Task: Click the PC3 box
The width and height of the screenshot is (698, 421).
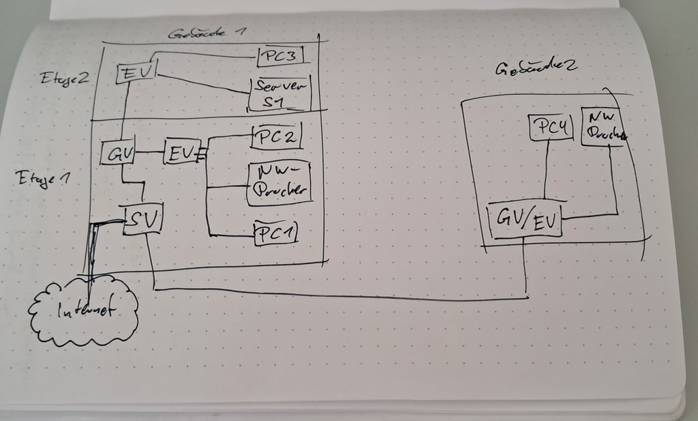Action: tap(280, 56)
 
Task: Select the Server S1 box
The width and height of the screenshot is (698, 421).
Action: tap(281, 94)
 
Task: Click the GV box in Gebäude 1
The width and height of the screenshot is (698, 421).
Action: tap(117, 153)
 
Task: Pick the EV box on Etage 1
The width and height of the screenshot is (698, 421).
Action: tap(181, 151)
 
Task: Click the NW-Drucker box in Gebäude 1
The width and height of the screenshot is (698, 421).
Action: tap(279, 183)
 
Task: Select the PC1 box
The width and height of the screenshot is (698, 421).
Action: tap(277, 233)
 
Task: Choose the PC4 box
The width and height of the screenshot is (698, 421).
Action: tap(550, 128)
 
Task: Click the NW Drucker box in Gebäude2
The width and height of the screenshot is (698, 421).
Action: tap(603, 127)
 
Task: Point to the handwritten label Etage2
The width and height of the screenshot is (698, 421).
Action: tap(63, 77)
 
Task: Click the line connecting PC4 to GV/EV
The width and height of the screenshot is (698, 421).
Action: tap(545, 171)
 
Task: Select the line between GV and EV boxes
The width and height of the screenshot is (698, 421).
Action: tap(149, 151)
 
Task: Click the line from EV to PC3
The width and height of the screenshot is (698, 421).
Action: tap(204, 53)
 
